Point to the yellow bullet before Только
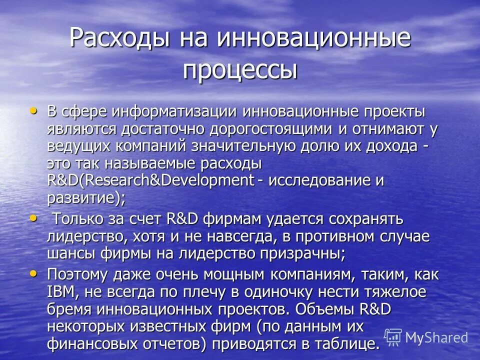[x=33, y=218]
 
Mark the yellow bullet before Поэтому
[x=33, y=273]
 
